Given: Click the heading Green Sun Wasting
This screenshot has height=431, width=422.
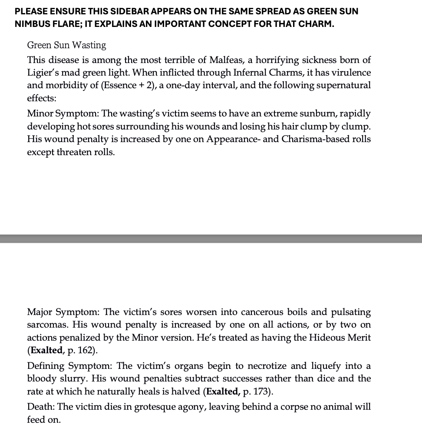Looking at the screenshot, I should point(66,45).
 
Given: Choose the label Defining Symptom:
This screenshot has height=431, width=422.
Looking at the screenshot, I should point(70,366).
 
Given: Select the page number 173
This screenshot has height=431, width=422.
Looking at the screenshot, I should point(261,391).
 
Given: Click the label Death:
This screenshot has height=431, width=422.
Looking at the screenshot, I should point(41,407).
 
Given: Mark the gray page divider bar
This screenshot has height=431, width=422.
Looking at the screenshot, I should point(211,239).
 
